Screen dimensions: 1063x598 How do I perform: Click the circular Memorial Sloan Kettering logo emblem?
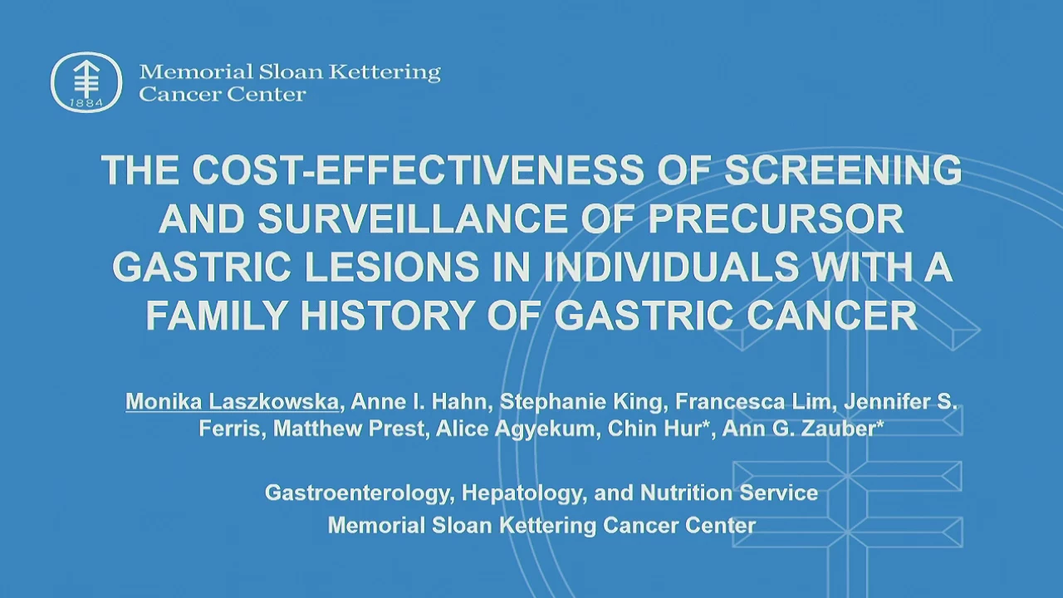[x=86, y=82]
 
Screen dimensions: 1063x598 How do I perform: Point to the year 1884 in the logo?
[x=86, y=102]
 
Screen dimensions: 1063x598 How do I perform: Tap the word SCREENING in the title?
[x=843, y=170]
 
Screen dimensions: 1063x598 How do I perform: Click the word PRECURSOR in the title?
[x=776, y=218]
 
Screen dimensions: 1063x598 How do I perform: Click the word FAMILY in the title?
[x=217, y=315]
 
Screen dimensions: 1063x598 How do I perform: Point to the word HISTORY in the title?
[x=388, y=315]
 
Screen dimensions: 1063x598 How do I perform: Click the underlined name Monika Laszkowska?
[x=232, y=401]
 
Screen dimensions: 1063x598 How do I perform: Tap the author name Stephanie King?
[x=580, y=401]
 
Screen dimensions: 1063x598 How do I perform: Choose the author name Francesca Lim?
[x=752, y=401]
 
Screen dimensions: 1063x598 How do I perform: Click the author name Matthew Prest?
[x=348, y=429]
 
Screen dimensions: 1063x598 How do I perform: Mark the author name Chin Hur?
[x=654, y=429]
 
